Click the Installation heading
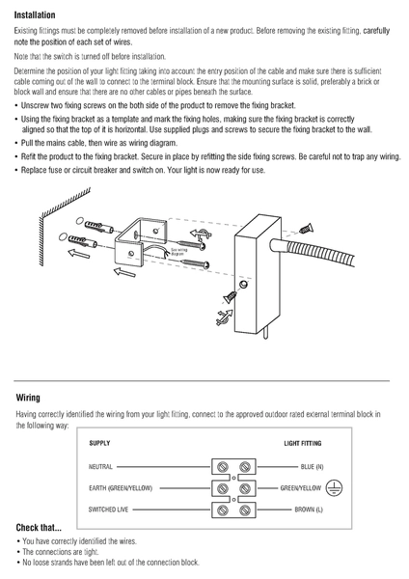(35, 15)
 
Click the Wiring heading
(28, 398)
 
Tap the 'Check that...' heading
(39, 527)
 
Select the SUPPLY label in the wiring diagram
(99, 443)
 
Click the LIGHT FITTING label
(303, 443)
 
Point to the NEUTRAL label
(100, 467)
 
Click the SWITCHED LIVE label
(108, 510)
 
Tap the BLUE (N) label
(312, 467)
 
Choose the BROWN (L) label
(309, 510)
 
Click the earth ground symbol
(334, 488)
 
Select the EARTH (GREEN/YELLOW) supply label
(121, 488)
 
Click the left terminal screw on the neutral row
(222, 467)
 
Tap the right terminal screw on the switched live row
(245, 510)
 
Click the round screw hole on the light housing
(243, 285)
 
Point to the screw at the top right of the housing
(306, 229)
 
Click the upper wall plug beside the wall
(99, 226)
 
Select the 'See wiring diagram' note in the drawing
(179, 252)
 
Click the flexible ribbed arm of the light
(320, 251)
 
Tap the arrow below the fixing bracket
(124, 272)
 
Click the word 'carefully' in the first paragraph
(376, 31)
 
